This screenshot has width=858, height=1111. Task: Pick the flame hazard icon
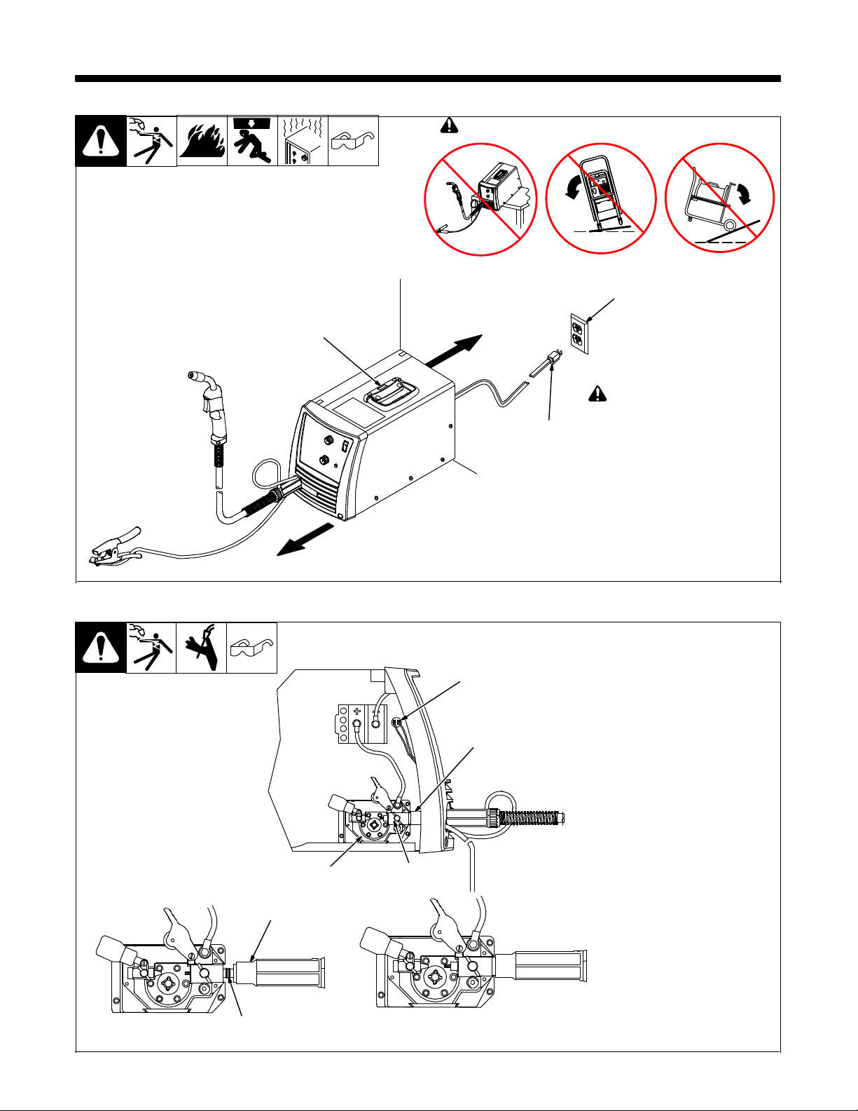[x=202, y=141]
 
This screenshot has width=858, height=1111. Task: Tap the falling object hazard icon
[x=252, y=141]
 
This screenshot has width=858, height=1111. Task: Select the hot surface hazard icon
[x=303, y=141]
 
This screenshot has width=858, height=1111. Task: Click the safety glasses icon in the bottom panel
[x=252, y=648]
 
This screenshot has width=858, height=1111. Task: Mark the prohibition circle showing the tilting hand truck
[x=600, y=198]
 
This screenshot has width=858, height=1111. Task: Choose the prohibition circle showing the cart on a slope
[x=719, y=198]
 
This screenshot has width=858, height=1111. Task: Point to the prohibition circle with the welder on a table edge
[x=480, y=198]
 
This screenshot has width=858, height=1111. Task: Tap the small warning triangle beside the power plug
[x=597, y=394]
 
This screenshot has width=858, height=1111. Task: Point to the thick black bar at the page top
[x=428, y=79]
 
